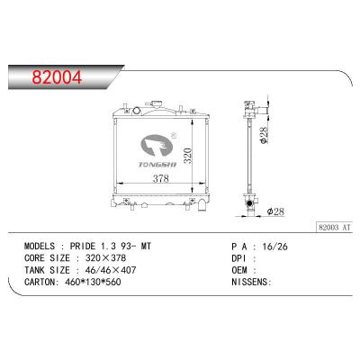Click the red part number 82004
point(57,77)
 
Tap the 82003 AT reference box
point(334,228)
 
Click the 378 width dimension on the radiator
point(161,179)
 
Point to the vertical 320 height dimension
point(188,156)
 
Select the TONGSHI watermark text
point(157,165)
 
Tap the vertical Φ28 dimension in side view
point(265,136)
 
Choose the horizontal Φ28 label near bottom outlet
point(275,211)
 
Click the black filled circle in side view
point(249,203)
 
